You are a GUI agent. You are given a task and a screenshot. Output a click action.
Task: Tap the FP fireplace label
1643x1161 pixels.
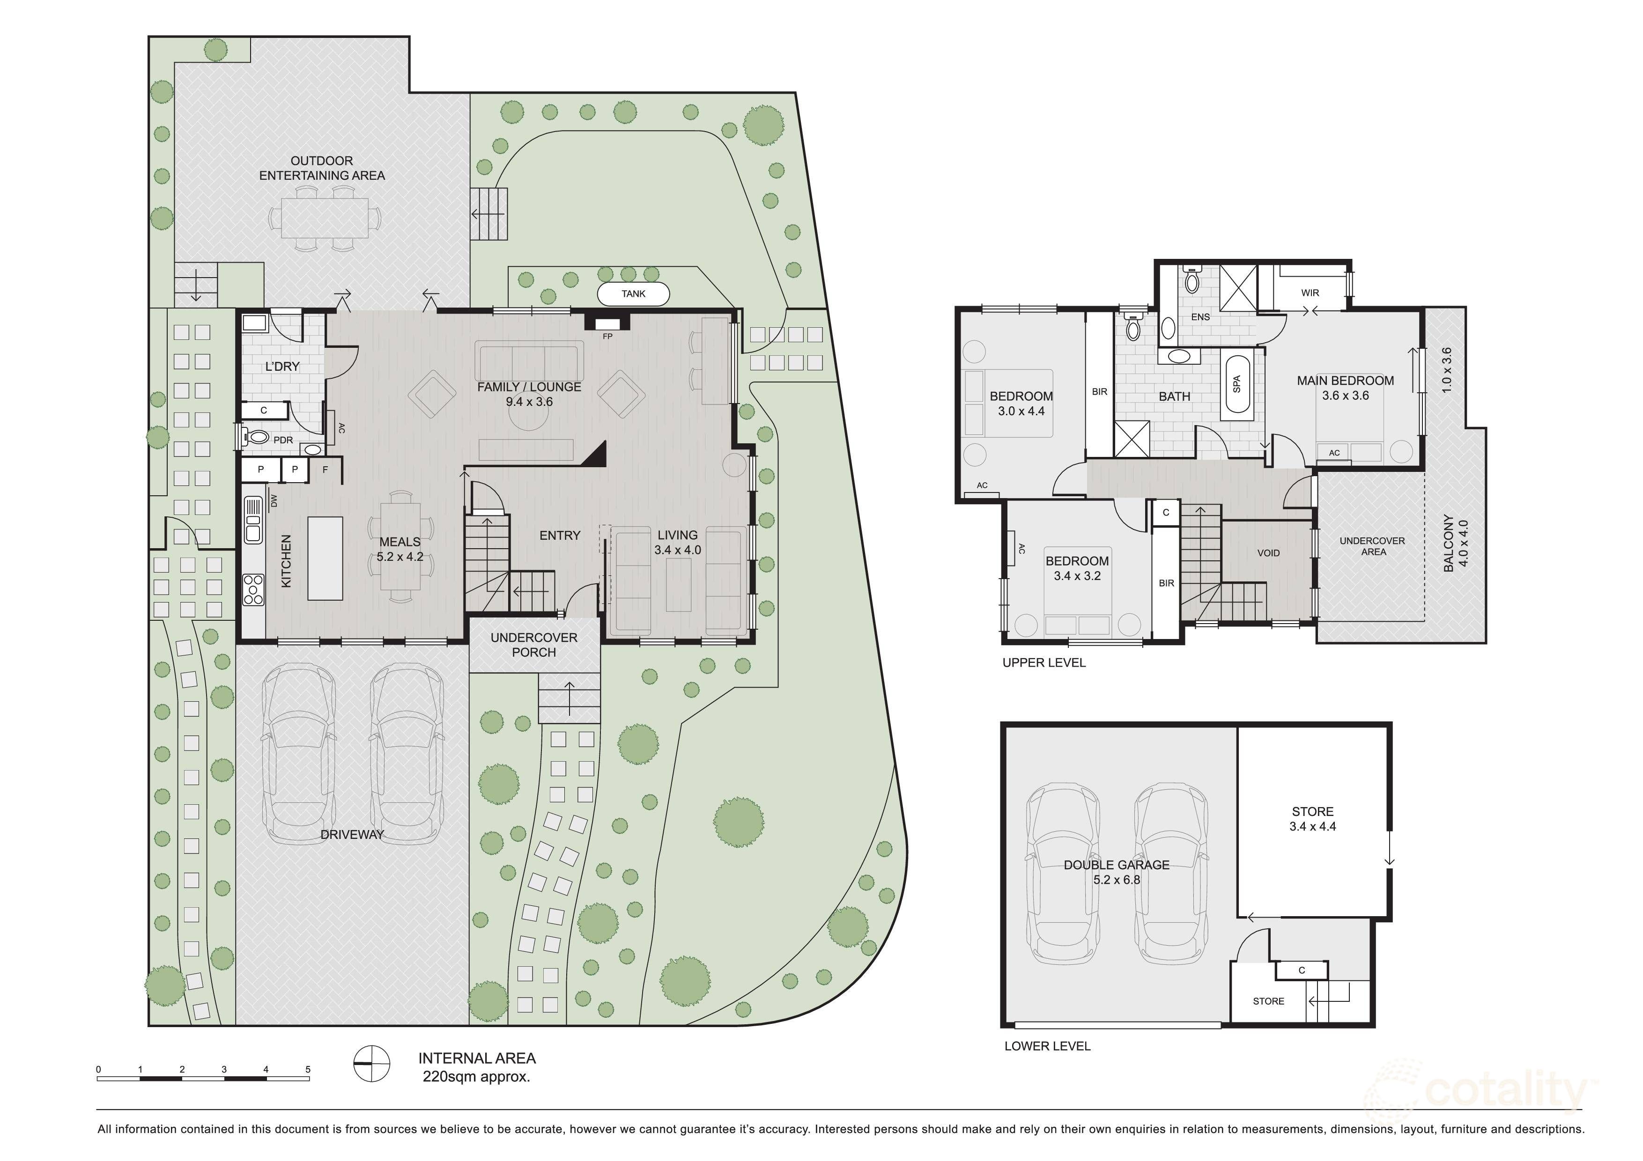(x=607, y=336)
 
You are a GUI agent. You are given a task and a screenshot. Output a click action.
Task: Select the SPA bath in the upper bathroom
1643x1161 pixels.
(x=1237, y=384)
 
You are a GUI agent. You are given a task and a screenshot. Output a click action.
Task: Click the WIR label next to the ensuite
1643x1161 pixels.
(x=1310, y=293)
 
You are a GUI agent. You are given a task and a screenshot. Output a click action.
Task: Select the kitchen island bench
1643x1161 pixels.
(x=325, y=558)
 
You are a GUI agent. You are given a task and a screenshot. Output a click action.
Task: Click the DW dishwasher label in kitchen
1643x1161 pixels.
(x=274, y=501)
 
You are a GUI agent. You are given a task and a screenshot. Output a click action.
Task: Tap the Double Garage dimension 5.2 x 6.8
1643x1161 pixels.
(x=1116, y=880)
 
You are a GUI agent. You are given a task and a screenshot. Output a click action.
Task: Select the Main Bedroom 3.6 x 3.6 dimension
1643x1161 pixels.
(x=1345, y=396)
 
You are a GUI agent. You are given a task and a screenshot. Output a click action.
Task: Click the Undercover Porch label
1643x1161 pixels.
(x=534, y=645)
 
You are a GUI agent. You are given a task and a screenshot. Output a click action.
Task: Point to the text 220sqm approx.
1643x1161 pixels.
(x=477, y=1077)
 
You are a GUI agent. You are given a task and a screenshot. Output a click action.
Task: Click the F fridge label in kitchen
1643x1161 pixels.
(x=326, y=470)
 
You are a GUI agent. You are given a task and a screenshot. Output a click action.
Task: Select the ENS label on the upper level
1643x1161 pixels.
(x=1200, y=317)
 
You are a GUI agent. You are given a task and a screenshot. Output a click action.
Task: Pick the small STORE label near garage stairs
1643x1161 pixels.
(x=1268, y=1001)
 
